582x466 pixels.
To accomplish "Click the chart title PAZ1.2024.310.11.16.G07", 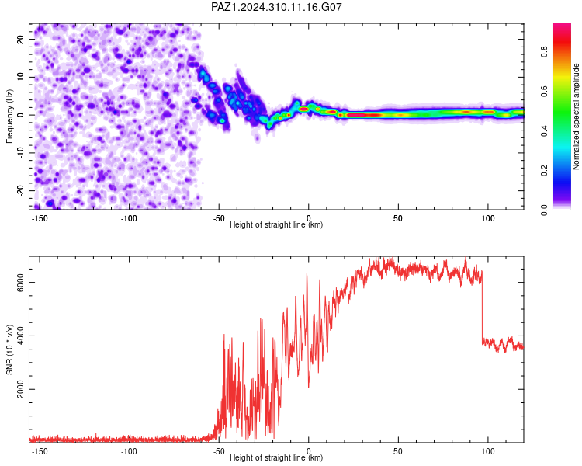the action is (276, 7).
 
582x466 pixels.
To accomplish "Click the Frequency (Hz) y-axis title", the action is (9, 116).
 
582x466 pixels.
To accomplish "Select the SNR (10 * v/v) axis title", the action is (9, 349).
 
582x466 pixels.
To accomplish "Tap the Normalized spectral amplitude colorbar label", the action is (576, 116).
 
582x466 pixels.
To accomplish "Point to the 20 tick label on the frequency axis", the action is (20, 39).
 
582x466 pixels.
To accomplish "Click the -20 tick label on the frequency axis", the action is (20, 190).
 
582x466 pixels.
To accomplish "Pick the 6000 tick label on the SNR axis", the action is (20, 283).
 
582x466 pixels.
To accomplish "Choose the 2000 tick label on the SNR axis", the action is (20, 389).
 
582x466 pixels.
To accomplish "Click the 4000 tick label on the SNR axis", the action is (20, 336).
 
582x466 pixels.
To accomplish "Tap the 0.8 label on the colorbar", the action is (544, 52).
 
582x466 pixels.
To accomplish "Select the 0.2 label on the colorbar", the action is (544, 171).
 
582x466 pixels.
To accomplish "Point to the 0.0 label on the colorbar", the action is (544, 210).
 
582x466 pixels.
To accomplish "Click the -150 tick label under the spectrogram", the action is (40, 218).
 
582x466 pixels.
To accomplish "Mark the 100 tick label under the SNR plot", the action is (488, 451).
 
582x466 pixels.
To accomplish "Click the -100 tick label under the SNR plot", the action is (129, 451).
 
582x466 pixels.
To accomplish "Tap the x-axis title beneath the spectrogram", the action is (276, 224).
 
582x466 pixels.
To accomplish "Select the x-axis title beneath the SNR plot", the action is (276, 457).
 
